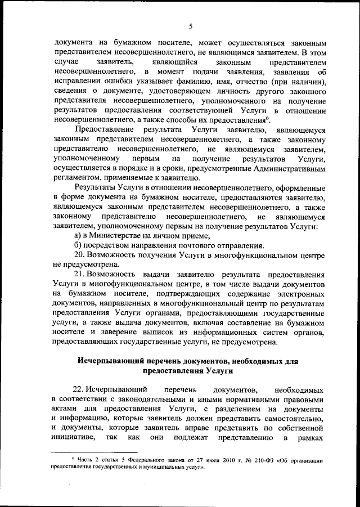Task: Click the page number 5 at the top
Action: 191,26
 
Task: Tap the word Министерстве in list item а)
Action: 117,236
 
